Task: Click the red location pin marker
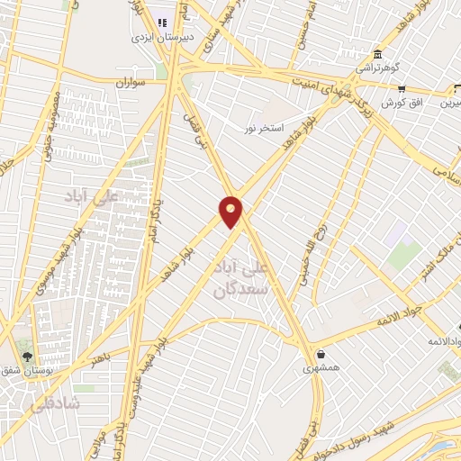(x=231, y=211)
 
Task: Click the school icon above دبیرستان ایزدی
(x=163, y=22)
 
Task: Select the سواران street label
(x=131, y=82)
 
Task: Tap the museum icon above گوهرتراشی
(x=377, y=52)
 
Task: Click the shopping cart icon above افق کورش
(x=402, y=88)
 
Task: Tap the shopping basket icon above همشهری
(x=321, y=353)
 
